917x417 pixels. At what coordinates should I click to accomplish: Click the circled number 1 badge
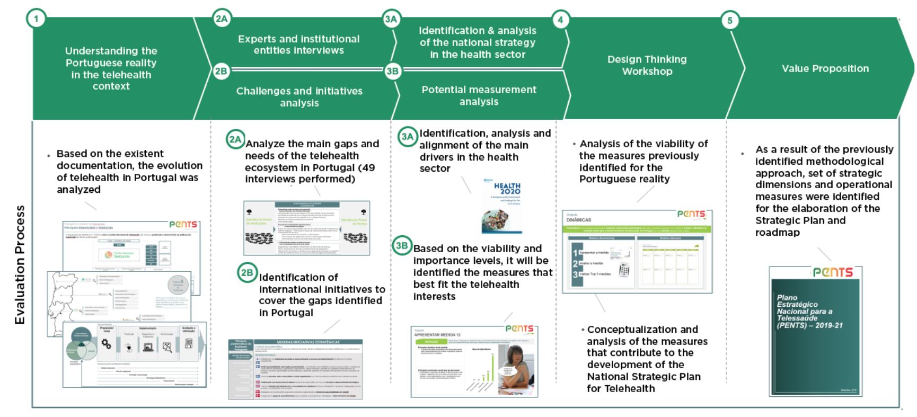36,19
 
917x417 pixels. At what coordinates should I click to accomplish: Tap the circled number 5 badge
730,21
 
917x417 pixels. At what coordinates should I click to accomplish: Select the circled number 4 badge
560,20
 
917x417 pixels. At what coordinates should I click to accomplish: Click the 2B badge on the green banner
221,71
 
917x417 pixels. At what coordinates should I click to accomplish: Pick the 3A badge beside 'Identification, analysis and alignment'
407,137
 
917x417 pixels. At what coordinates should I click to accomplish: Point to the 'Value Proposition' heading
825,68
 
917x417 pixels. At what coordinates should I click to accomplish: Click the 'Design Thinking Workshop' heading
647,65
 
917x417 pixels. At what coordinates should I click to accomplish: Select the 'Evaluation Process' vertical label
20,264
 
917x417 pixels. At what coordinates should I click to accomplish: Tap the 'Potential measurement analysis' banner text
479,95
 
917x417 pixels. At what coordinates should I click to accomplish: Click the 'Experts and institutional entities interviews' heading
298,45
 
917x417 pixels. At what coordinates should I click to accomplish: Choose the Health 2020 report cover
501,207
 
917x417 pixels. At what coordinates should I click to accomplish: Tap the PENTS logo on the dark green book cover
832,272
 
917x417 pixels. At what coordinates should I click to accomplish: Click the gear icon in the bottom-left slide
106,344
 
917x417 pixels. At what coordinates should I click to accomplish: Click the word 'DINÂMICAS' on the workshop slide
578,219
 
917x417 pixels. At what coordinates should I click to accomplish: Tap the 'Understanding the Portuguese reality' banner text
111,68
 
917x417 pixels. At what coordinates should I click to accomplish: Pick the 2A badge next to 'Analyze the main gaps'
235,140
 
